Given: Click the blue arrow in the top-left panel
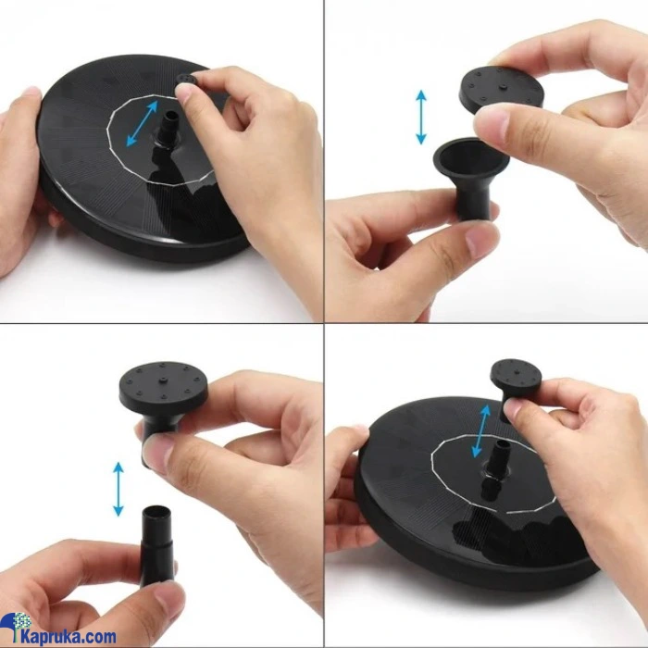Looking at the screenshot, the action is (x=142, y=123).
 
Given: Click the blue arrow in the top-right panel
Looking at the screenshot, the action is (x=420, y=117).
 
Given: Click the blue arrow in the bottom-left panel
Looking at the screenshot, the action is (x=118, y=489).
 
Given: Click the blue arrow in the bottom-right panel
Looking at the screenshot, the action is (x=481, y=431).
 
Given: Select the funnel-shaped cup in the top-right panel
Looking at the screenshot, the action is (x=471, y=176).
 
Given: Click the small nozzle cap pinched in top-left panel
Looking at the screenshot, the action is (x=187, y=80).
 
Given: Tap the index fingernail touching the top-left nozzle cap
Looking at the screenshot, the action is (x=184, y=94).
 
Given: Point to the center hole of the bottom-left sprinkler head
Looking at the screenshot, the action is (x=163, y=379).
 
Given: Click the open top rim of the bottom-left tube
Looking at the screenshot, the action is (x=156, y=511).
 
